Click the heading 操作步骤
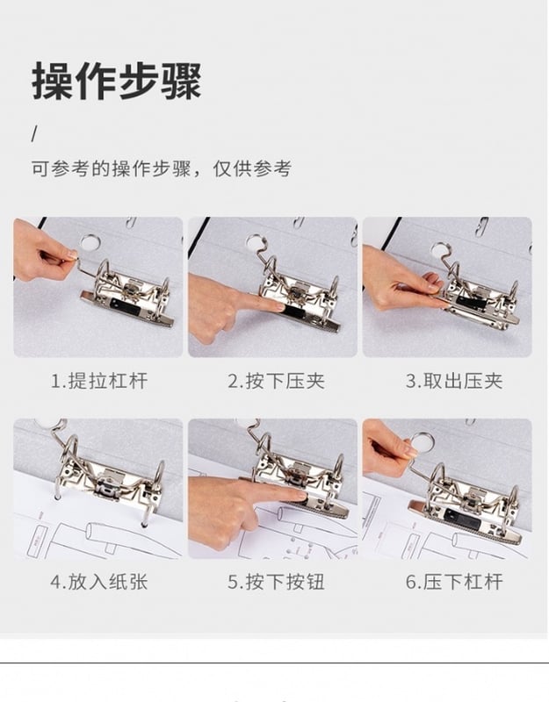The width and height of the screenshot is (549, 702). (x=117, y=82)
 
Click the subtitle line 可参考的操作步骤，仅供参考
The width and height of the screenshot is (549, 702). (x=162, y=168)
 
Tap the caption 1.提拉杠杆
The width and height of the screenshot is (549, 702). (x=98, y=382)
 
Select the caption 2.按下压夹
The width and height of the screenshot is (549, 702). (x=276, y=382)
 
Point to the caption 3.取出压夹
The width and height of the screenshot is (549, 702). (x=454, y=382)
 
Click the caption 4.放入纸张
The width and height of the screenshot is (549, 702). (x=98, y=582)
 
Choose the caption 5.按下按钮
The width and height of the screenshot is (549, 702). (x=276, y=582)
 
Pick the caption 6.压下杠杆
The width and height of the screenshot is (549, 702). (x=454, y=582)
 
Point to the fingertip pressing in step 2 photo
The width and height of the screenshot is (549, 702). (x=278, y=306)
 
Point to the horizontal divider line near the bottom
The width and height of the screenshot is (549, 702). (x=274, y=663)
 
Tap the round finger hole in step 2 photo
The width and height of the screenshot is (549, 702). (x=256, y=242)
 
